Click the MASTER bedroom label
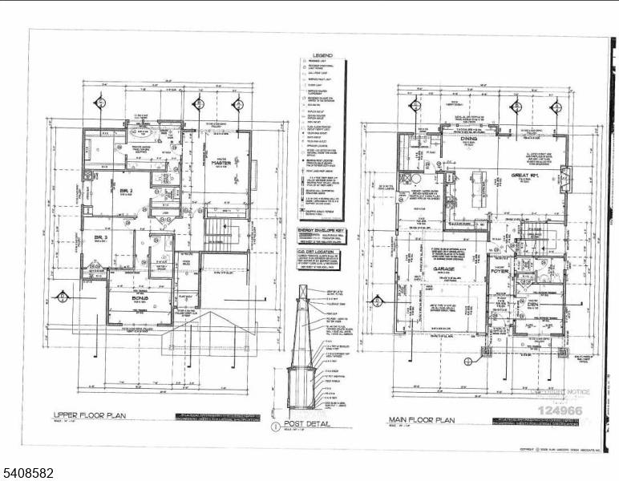coord(220,163)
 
